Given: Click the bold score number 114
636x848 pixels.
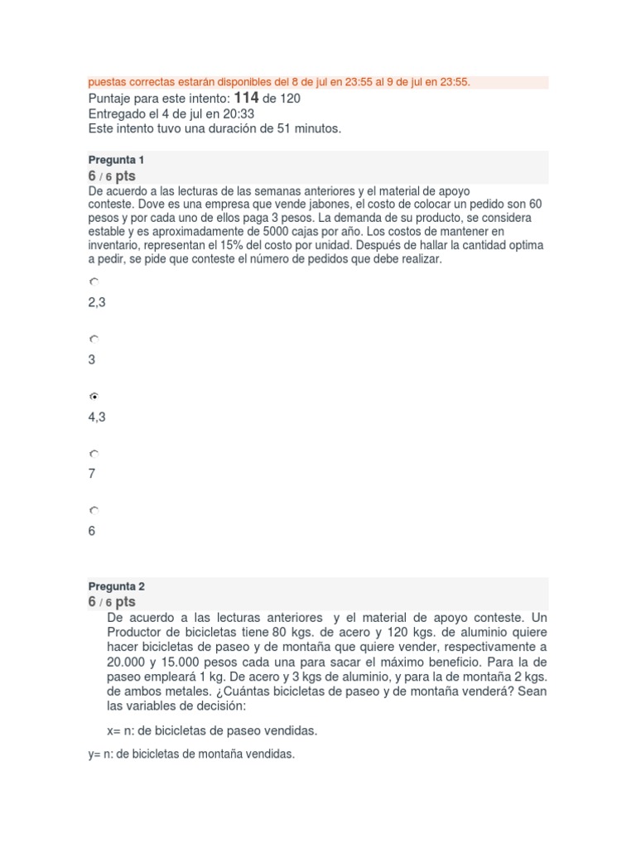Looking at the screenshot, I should (x=247, y=98).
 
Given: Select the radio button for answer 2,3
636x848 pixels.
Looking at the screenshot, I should (x=94, y=282).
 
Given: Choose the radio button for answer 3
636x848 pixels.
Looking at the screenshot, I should (x=94, y=340).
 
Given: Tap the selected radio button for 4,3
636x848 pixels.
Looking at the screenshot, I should (x=94, y=397).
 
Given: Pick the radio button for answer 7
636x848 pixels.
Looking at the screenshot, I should (x=94, y=454).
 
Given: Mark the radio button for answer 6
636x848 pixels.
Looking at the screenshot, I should (x=94, y=511).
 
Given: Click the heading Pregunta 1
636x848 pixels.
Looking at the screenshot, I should (x=116, y=159).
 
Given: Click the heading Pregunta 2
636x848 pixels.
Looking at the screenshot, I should (x=116, y=585).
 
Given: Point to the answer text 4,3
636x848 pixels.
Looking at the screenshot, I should (x=97, y=417).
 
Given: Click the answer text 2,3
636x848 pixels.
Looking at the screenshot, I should (x=97, y=303).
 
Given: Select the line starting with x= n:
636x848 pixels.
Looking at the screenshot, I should (x=212, y=730).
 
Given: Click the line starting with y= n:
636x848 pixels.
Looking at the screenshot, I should (x=191, y=754).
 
